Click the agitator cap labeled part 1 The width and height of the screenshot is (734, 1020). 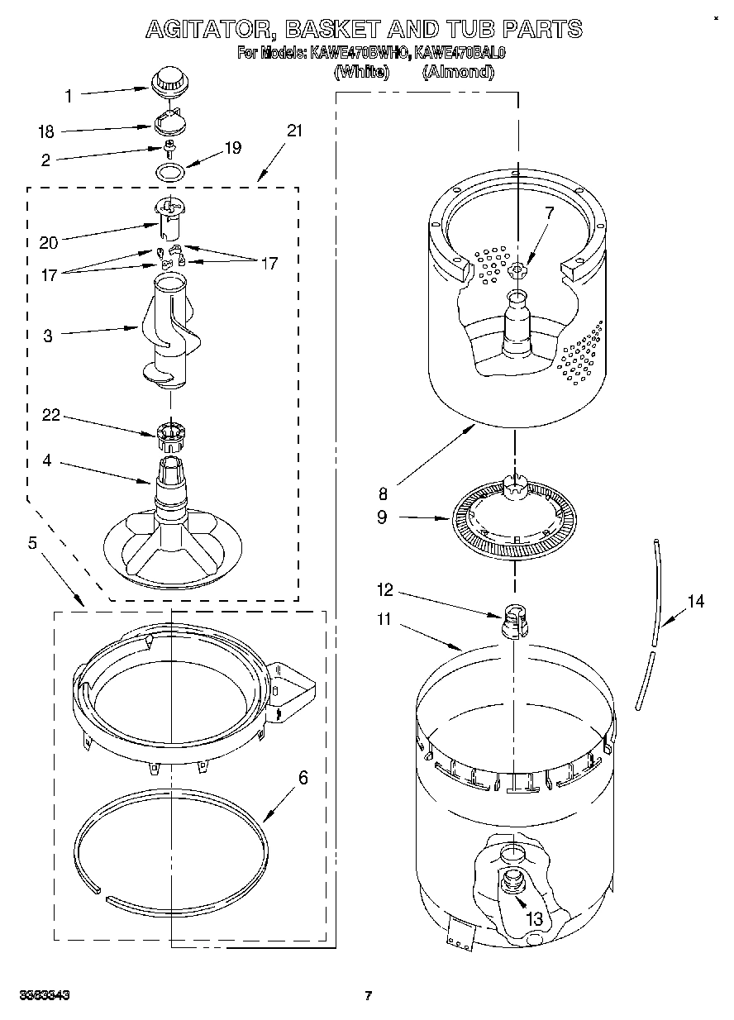(169, 81)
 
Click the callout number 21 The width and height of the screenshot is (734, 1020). (294, 131)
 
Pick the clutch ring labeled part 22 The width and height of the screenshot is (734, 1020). (169, 431)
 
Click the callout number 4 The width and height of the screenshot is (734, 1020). (47, 460)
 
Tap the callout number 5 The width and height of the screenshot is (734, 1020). (32, 543)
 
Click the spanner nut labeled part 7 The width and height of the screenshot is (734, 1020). (517, 269)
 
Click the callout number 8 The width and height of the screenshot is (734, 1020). (383, 494)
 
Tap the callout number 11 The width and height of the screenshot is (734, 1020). (384, 618)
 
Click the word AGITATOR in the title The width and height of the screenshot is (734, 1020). (209, 29)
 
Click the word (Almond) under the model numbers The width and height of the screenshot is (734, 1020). (458, 72)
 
